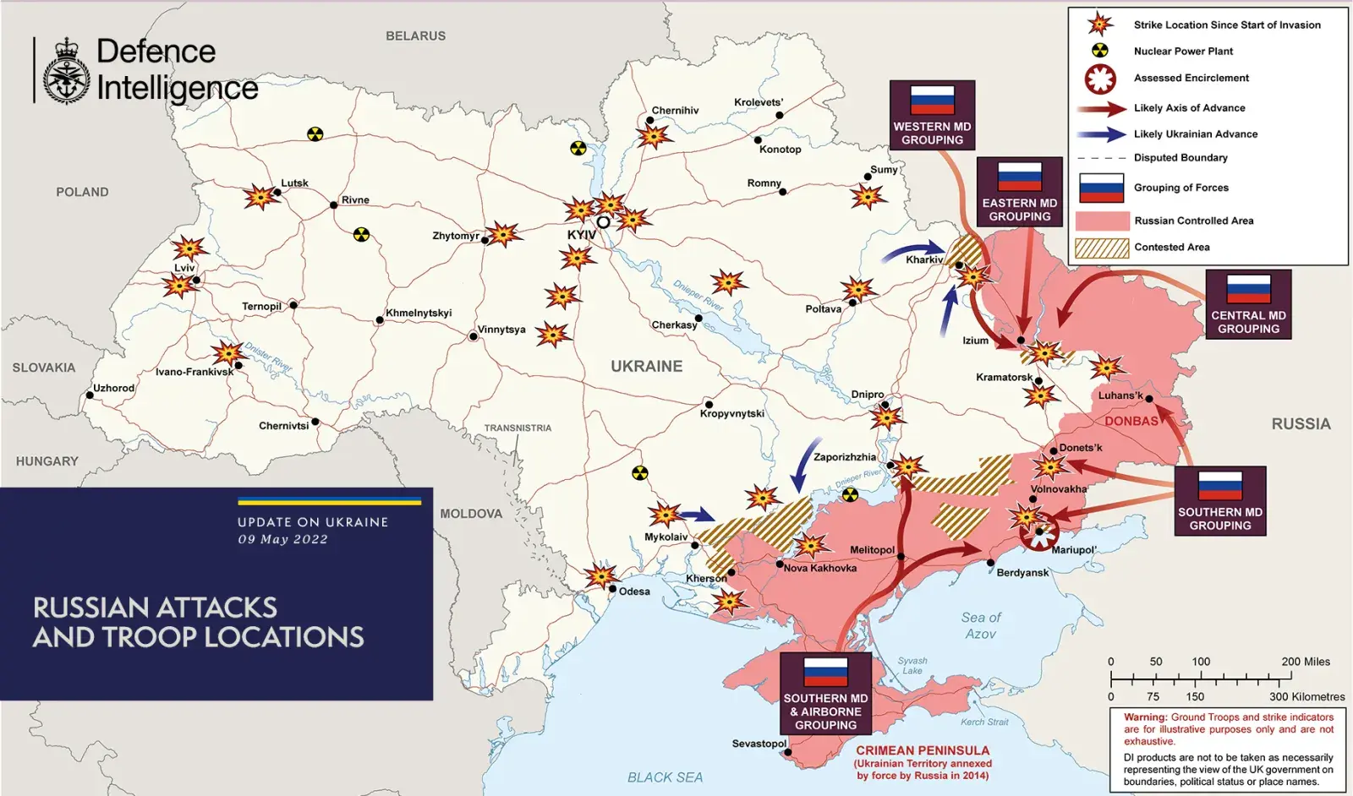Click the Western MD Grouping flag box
(x=932, y=115)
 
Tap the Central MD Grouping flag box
(x=1248, y=304)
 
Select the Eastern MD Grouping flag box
(x=1019, y=192)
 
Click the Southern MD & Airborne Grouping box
(x=825, y=694)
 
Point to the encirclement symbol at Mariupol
(x=1038, y=532)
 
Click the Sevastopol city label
(x=759, y=744)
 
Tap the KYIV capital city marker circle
(x=603, y=222)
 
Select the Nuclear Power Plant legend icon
(x=1100, y=51)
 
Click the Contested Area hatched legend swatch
(x=1102, y=248)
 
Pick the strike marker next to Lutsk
(x=260, y=197)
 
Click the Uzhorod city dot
(x=90, y=395)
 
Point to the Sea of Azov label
(x=981, y=625)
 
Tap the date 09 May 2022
(x=282, y=539)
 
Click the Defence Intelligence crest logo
(x=66, y=72)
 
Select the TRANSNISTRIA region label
(x=518, y=428)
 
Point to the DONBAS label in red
(x=1131, y=421)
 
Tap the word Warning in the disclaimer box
(x=1145, y=717)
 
